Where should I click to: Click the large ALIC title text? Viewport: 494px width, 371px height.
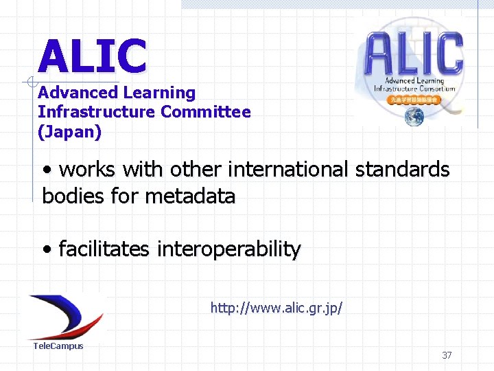pos(93,56)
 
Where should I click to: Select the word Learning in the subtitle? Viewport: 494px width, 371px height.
pos(159,93)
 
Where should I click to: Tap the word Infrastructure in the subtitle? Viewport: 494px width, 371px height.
pos(97,112)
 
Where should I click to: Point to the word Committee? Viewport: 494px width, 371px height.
pos(206,112)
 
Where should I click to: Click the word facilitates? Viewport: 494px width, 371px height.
pos(104,249)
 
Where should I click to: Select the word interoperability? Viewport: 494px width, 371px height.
pos(228,249)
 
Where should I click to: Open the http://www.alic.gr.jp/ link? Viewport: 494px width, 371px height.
pos(276,308)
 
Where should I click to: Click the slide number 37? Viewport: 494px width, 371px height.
pos(447,355)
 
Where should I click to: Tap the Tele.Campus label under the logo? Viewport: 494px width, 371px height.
pos(58,346)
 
